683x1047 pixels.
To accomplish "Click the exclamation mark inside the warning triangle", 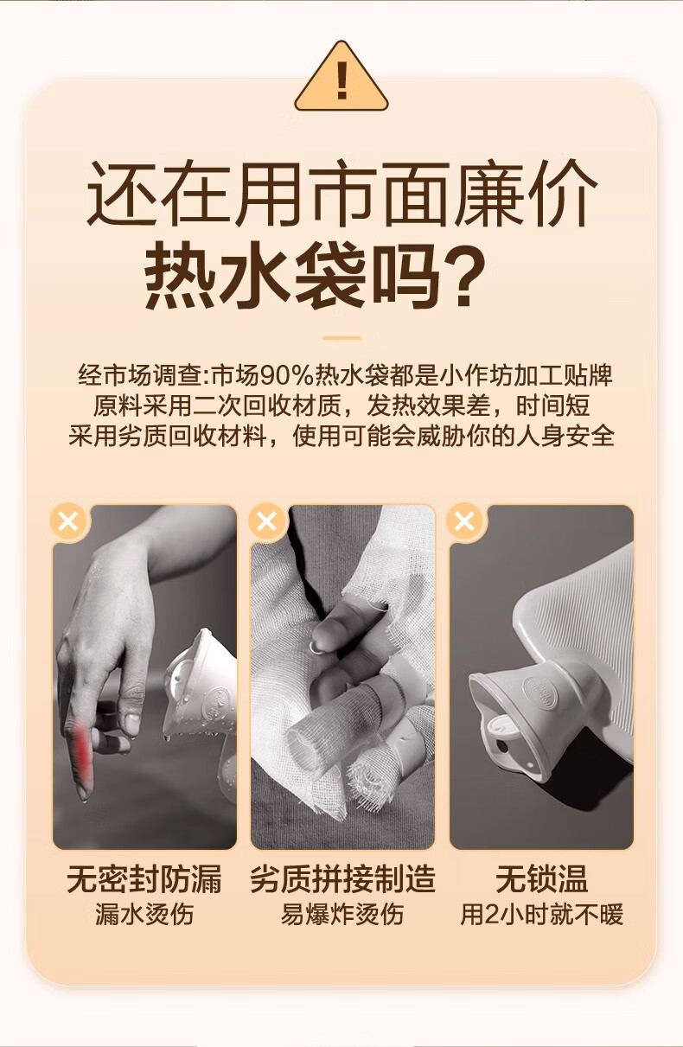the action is pos(341,80).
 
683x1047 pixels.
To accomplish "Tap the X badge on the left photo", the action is pos(68,521).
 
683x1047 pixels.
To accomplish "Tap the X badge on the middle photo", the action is pos(267,521).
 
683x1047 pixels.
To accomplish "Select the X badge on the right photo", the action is pos(464,521).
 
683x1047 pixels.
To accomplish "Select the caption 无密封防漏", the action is pos(144,879).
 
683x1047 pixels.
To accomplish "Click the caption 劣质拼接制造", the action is pos(342,879).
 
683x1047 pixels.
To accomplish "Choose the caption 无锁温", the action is pos(541,879).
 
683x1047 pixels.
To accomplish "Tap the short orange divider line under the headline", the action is pos(341,337).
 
